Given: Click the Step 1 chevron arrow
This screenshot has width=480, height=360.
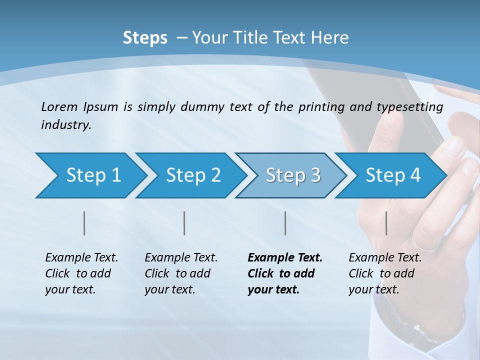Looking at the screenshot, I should (x=90, y=175).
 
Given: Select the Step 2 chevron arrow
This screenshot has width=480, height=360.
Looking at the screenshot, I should (x=190, y=175).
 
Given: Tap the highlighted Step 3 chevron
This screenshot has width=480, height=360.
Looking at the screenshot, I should (x=290, y=175).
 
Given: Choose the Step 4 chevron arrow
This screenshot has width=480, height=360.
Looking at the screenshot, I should (x=390, y=175).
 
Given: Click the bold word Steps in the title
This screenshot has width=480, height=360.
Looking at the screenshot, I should (x=145, y=38).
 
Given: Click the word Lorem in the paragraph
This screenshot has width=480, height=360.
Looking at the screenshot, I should (x=59, y=106).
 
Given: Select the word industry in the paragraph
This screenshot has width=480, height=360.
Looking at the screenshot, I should (x=66, y=125).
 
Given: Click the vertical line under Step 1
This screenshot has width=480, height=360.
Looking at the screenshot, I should (x=84, y=223).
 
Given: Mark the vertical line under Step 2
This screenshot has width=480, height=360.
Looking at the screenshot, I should (x=184, y=223).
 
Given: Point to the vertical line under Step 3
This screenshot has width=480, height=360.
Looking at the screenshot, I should (x=285, y=223).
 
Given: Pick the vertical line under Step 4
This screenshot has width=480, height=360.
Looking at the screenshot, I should (x=386, y=223).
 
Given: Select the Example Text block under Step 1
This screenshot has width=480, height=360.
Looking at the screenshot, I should (x=81, y=273).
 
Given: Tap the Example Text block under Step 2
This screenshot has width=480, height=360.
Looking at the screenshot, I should (x=180, y=273).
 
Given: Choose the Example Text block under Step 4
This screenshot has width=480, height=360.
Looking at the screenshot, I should (x=384, y=273).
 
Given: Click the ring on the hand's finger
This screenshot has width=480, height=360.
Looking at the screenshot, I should (x=425, y=245).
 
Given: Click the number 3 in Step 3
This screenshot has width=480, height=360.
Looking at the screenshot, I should (x=315, y=175).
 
